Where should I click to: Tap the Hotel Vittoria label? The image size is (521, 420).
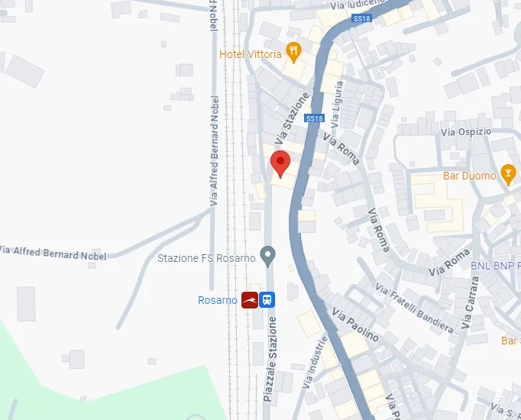click(x=250, y=54)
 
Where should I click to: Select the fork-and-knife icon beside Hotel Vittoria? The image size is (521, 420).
click(x=293, y=52)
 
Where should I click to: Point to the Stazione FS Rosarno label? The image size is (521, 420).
click(x=206, y=258)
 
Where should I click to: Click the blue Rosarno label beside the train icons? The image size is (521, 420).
click(x=217, y=300)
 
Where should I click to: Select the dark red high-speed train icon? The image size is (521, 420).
click(x=250, y=300)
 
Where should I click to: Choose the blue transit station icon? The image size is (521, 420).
click(x=267, y=300)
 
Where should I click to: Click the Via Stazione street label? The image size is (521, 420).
click(x=293, y=115)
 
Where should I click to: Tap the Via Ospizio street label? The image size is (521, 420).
click(x=466, y=132)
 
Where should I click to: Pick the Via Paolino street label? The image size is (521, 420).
click(x=355, y=325)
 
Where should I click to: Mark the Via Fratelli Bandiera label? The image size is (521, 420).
click(x=414, y=309)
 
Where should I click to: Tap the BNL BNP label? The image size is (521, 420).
click(x=495, y=266)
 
